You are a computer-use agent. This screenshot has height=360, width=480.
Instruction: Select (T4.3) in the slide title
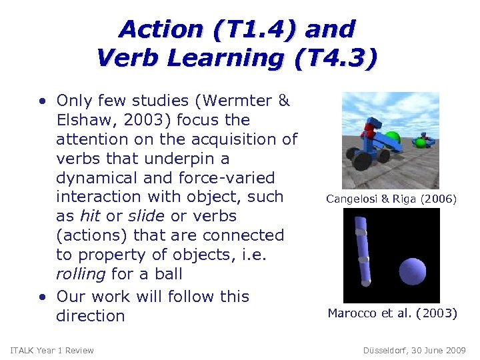point(339,59)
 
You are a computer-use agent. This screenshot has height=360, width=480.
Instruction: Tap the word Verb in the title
point(127,59)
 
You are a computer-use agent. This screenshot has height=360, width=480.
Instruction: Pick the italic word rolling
point(81,274)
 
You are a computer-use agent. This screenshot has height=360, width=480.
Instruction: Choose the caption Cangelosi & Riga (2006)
point(391,198)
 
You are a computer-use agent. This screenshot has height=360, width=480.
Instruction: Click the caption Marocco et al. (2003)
point(392,313)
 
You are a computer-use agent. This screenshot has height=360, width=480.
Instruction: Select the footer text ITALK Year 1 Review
point(52,351)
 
